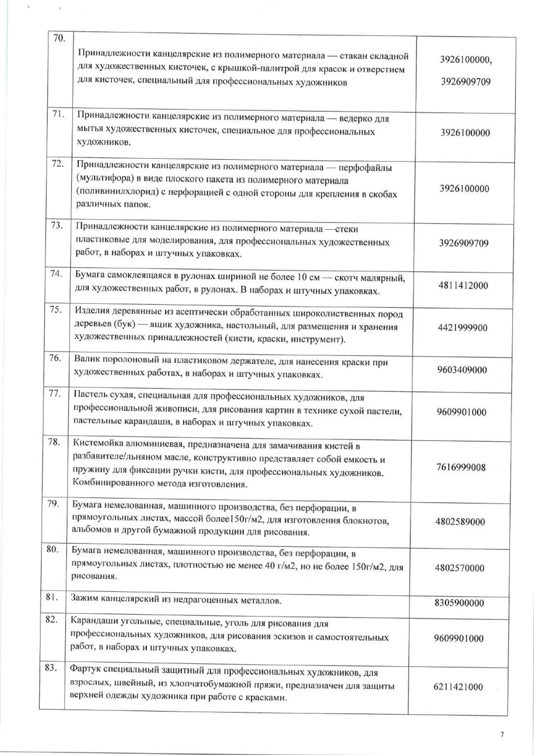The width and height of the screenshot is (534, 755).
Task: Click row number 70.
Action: pos(59,39)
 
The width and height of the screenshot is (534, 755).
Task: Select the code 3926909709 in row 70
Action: pos(466,82)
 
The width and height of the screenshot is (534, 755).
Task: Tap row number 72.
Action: pos(58,164)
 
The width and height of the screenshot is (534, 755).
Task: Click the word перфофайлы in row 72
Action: pos(365,167)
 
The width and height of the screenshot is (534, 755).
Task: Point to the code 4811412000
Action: pos(463,285)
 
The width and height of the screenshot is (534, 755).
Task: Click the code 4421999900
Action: pos(463,328)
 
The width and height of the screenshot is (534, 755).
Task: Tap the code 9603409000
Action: pos(462,370)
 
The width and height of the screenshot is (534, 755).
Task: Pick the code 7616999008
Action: pos(461,467)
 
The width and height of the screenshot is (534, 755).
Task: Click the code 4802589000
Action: pos(460,522)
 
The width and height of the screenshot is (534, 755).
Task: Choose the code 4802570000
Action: pos(460,568)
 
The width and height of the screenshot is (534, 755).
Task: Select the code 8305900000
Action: pos(459,603)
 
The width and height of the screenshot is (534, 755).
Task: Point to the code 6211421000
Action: pos(458,687)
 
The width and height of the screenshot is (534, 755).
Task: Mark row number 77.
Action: pos(54,393)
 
